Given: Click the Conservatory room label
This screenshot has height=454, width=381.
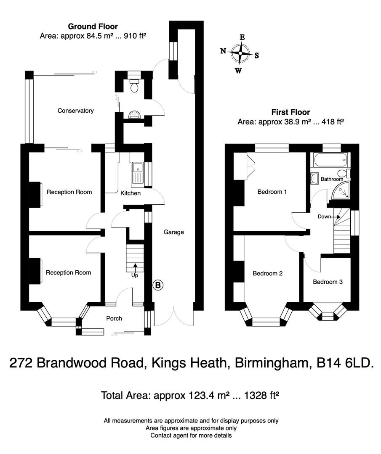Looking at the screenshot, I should coord(75,111).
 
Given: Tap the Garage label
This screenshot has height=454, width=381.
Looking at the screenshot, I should coord(174,232).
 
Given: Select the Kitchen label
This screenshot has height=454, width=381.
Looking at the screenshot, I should coord(131,193).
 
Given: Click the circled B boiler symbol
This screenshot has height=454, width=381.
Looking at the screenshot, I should coord(158,285).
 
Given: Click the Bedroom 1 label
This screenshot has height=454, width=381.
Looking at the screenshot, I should coord(272,192).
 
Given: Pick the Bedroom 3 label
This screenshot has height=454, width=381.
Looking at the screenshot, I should coord(328,282).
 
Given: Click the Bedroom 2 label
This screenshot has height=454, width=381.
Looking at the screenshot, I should coord(267,273).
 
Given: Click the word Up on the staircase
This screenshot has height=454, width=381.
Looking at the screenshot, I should coord(135,275).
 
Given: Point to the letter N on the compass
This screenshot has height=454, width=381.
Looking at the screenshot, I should coord(224,51).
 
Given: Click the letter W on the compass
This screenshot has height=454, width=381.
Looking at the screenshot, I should coord(238,70).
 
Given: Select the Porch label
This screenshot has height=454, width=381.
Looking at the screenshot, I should coord(114,318).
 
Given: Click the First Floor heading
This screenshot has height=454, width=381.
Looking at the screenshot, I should coord(290,112).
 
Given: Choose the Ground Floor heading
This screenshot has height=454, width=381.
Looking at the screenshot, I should coord(93,26).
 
